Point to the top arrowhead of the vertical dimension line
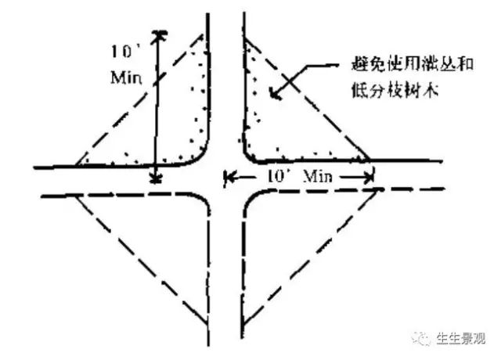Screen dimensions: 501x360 (x=160, y=34)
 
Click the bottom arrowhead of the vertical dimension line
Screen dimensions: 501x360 (x=157, y=179)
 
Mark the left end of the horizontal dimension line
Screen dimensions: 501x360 (x=226, y=178)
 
